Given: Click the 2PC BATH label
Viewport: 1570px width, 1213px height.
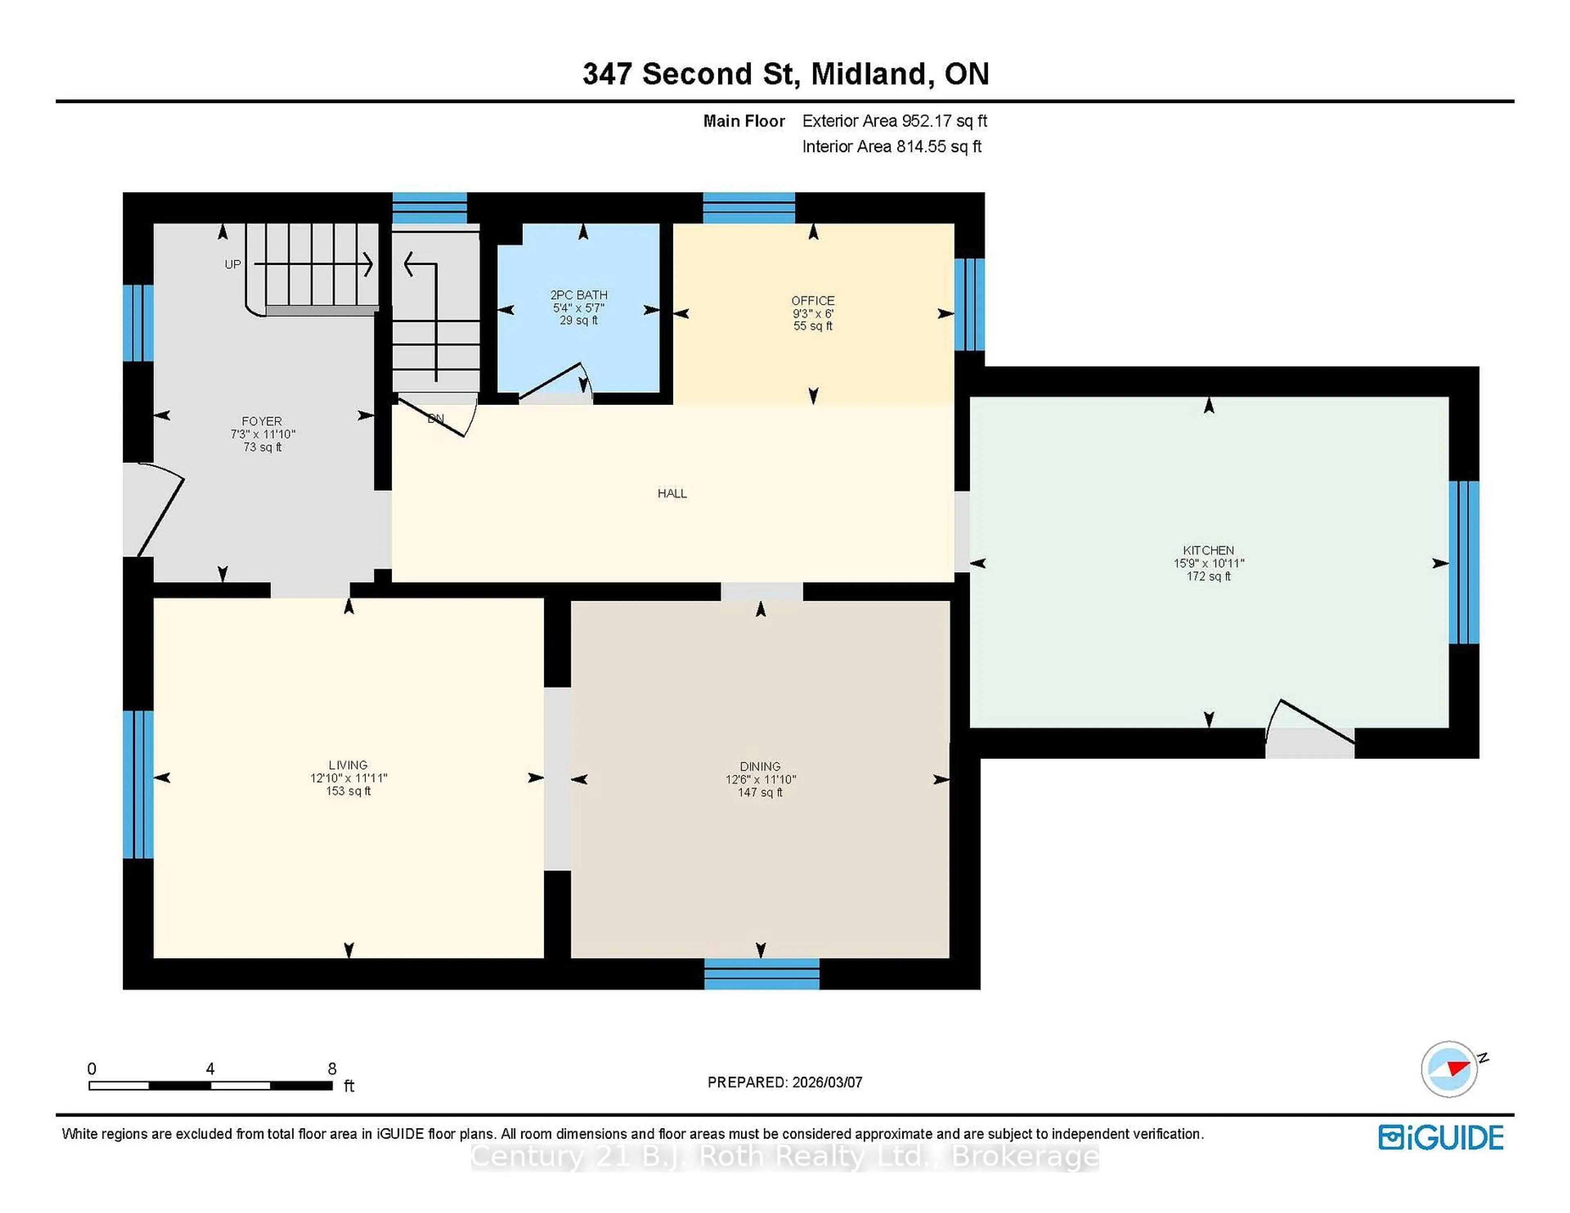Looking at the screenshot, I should click(578, 295).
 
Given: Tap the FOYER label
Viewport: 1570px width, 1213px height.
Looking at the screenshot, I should click(262, 421).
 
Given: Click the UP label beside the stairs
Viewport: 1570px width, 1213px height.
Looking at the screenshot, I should click(232, 264).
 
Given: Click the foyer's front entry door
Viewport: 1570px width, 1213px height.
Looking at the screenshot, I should click(159, 512).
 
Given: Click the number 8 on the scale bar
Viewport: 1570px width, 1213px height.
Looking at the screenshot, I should click(332, 1069).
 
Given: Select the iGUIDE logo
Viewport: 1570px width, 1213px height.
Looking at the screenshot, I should click(1441, 1137).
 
